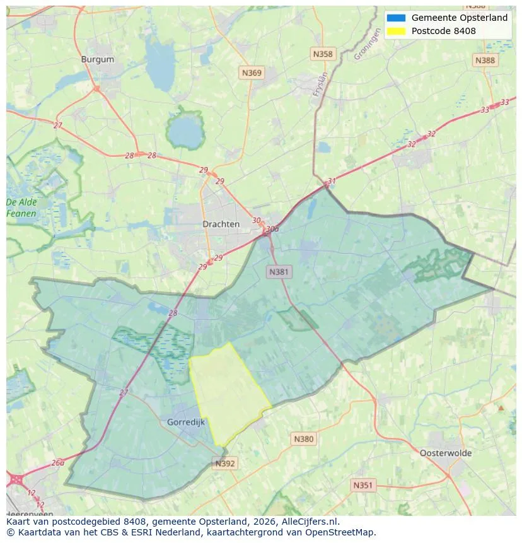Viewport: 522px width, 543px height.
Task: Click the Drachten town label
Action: [221, 224]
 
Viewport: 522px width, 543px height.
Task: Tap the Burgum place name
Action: [98, 59]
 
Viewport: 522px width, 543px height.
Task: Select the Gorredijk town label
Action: [186, 422]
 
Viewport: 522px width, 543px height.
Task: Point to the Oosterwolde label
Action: [445, 453]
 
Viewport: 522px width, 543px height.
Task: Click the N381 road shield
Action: [279, 272]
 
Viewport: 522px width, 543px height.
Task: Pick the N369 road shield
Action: [252, 73]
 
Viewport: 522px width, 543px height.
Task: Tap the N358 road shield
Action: [322, 54]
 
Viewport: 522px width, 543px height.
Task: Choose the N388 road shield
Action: [485, 60]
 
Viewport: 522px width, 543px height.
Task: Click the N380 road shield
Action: [303, 439]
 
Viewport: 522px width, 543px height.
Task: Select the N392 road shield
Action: [225, 464]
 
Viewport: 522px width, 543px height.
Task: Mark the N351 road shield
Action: [362, 485]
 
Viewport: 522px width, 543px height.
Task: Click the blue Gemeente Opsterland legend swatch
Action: [397, 18]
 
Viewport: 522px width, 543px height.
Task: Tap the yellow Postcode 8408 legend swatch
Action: [397, 31]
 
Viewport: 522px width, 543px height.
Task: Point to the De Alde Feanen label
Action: [21, 208]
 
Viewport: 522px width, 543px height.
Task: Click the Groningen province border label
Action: [367, 46]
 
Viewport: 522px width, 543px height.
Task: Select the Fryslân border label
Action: [321, 84]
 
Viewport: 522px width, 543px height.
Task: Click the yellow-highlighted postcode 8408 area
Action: [228, 394]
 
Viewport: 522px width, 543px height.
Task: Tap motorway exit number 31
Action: [332, 182]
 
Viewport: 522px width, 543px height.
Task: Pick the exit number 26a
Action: [58, 462]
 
